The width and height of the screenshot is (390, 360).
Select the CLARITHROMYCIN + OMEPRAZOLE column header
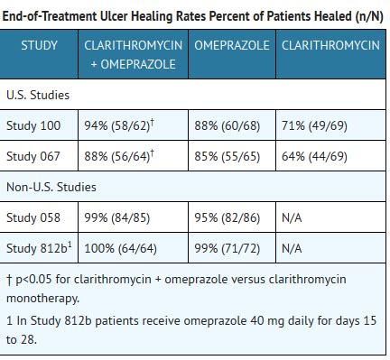[x=134, y=54]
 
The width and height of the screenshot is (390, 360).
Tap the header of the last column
[x=330, y=45]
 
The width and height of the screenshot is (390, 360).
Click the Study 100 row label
[x=33, y=125]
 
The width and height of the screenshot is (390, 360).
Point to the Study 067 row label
[x=33, y=156]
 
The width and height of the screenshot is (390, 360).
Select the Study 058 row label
[x=33, y=217]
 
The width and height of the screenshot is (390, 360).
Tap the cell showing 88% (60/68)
[x=227, y=125]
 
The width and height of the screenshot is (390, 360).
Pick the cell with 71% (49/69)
[x=314, y=125]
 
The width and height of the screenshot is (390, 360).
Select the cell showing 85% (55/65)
[x=227, y=156]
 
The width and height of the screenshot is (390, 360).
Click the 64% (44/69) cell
[x=314, y=156]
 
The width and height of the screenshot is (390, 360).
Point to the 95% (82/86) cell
[x=227, y=217]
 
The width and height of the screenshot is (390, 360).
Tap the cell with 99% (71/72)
[x=227, y=247]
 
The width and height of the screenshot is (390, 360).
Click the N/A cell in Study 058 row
[x=292, y=217]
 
